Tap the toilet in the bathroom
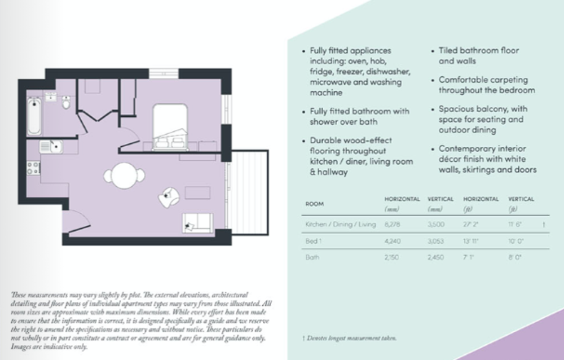tap(67, 103)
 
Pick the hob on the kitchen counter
tap(33, 167)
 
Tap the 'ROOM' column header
tap(314, 204)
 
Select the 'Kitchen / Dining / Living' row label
tap(340, 225)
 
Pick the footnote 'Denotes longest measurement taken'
tap(351, 338)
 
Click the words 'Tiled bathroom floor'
tap(479, 50)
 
